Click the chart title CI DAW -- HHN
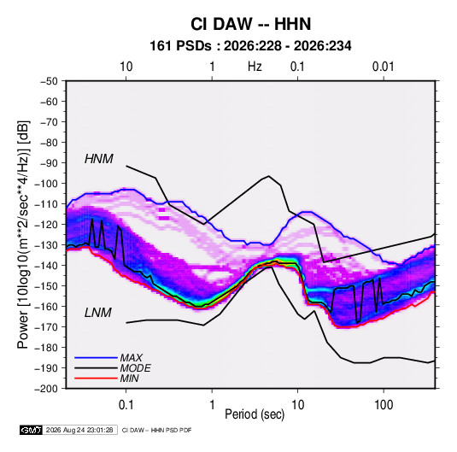coord(250,24)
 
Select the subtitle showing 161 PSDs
coord(250,46)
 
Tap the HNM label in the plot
coord(99,159)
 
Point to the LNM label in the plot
coord(98,313)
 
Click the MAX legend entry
coord(132,358)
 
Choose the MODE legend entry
coord(136,368)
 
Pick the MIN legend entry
coord(129,379)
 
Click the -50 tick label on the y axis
coord(50,81)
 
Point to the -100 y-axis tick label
coord(47,184)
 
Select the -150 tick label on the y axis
coord(47,286)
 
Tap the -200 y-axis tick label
coord(47,389)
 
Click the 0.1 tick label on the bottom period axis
coord(126,405)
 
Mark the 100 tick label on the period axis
coord(384,405)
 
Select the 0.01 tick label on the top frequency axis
coord(384,67)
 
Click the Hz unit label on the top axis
coord(255,67)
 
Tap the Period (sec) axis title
coord(255,414)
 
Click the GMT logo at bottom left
coord(32,430)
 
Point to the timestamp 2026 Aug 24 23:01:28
coord(79,430)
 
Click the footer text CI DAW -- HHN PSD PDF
coord(157,430)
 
